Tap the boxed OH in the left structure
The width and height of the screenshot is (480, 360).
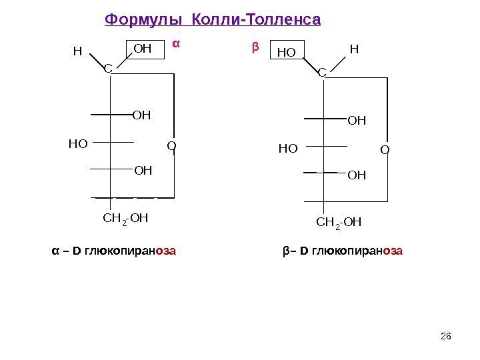pos(143,48)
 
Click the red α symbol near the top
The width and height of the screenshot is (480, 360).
pos(177,44)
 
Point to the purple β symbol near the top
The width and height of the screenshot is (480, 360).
pos(254,48)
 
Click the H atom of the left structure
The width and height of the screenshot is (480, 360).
pos(77,51)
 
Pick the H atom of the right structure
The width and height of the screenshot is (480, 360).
pos(354,49)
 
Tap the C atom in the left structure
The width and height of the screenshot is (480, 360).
pos(107,68)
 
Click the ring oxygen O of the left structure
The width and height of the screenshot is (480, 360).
pos(171,144)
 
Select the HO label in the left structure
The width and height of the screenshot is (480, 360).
pos(78,142)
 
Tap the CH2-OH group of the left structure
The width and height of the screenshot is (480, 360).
pos(125,217)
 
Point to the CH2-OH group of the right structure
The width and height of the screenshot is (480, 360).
pos(337,221)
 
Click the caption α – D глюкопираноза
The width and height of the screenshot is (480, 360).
pos(114,251)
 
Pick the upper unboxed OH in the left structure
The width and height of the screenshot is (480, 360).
pos(142,115)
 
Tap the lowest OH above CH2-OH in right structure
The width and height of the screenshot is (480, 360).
pos(357,175)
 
